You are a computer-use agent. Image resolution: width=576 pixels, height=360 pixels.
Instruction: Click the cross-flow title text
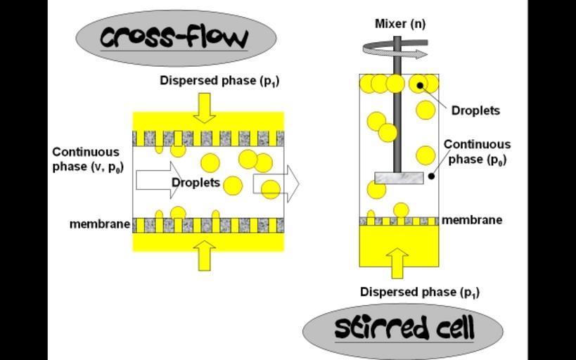[x=174, y=37]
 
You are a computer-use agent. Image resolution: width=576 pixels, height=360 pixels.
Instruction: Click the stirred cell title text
[x=404, y=328]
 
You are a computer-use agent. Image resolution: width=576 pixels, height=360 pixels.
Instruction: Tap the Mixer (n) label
[x=399, y=24]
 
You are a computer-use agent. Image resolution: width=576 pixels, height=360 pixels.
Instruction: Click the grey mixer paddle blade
[x=399, y=178]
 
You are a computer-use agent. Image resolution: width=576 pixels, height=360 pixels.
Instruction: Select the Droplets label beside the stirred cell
[x=475, y=110]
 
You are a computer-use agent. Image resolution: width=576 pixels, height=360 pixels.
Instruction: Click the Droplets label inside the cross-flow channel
[x=196, y=183]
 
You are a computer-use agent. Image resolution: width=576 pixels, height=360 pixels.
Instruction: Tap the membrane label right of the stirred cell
[x=472, y=220]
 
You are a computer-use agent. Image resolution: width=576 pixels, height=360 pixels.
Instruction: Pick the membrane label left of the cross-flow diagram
[x=100, y=224]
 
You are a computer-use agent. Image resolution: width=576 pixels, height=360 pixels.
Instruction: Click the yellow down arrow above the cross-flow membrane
[x=205, y=107]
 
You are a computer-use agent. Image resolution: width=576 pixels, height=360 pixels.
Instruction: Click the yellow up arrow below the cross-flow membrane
[x=205, y=256]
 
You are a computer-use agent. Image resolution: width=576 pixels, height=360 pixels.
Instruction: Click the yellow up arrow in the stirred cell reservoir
[x=397, y=262]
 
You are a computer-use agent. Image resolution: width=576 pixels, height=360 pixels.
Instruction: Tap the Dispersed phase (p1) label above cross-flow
[x=219, y=81]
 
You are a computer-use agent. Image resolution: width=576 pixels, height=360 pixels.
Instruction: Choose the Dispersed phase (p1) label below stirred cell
[x=420, y=292]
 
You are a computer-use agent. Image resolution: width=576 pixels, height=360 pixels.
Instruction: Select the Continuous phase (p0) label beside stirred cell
[x=478, y=152]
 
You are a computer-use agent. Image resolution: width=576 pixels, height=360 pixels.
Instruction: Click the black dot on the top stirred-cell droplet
[x=420, y=86]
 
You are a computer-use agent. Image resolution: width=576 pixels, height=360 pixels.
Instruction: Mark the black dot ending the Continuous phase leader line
[x=431, y=175]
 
